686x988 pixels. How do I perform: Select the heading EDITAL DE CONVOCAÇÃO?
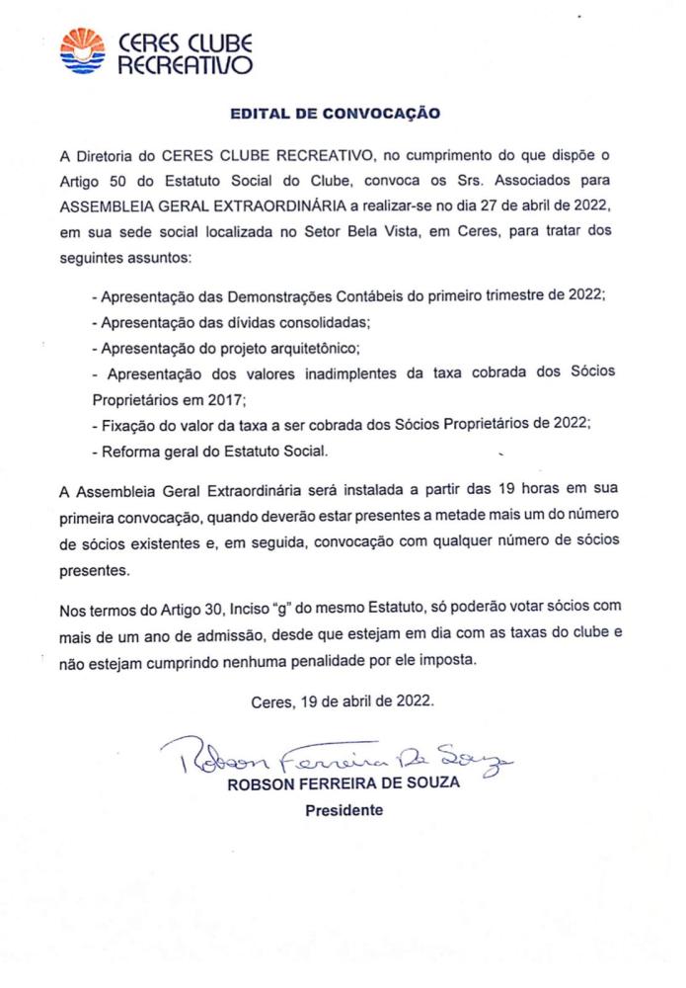pyautogui.click(x=335, y=114)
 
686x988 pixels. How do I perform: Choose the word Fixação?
pyautogui.click(x=126, y=426)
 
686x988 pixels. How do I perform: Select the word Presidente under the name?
pyautogui.click(x=343, y=810)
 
